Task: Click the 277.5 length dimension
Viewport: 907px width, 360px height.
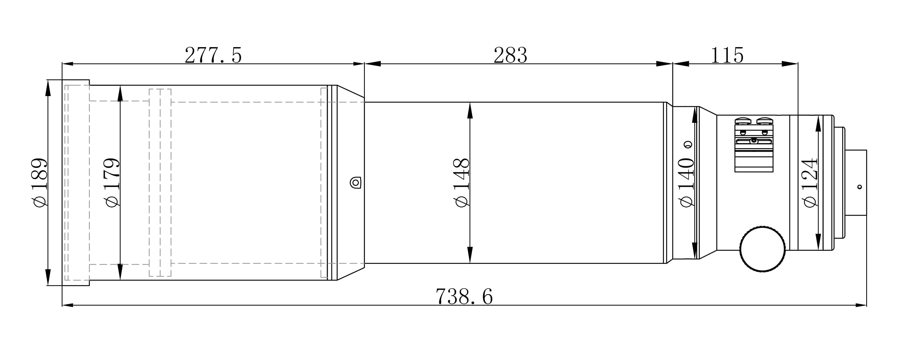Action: [x=213, y=55]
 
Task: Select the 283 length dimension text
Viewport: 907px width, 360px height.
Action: [x=510, y=55]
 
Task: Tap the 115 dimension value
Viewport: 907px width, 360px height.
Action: [x=727, y=55]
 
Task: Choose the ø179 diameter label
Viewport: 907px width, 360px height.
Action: [x=112, y=182]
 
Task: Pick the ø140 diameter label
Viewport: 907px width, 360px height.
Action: [x=686, y=182]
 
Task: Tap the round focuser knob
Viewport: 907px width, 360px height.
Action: [x=763, y=249]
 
